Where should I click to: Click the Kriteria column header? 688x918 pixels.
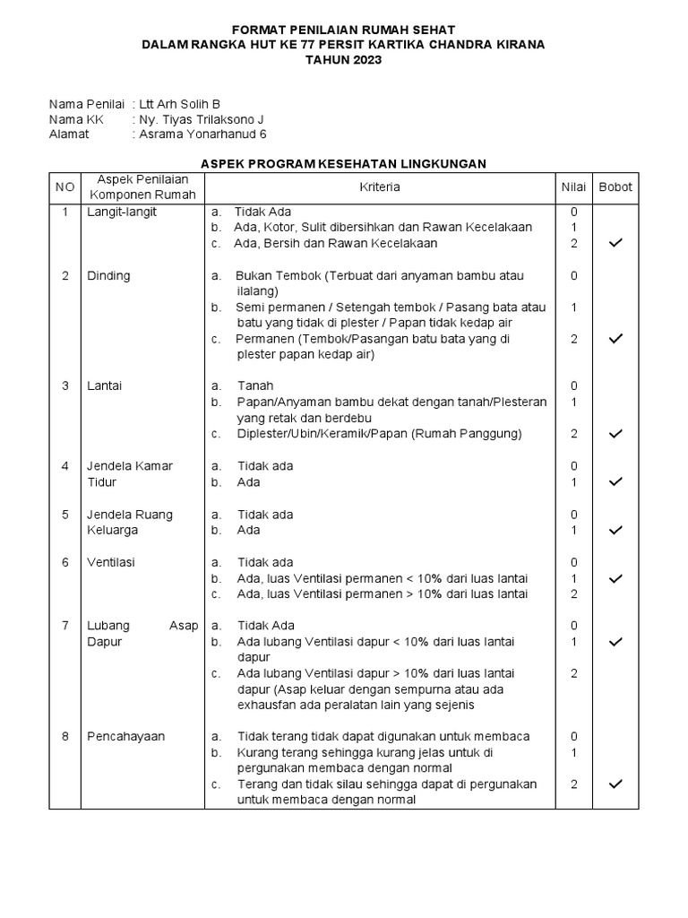380,187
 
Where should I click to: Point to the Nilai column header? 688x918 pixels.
573,187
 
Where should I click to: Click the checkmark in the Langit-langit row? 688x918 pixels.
615,244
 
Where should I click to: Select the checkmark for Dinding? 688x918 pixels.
615,339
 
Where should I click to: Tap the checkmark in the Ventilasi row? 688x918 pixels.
615,578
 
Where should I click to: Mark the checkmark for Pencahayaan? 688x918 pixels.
615,784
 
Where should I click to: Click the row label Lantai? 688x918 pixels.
104,385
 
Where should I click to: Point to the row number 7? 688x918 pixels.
64,626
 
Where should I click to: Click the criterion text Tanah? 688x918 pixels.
255,385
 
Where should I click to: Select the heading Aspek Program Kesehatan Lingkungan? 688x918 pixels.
343,163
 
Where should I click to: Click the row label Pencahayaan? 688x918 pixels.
126,737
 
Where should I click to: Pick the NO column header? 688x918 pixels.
64,187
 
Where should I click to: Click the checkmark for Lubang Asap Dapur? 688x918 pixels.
615,642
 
